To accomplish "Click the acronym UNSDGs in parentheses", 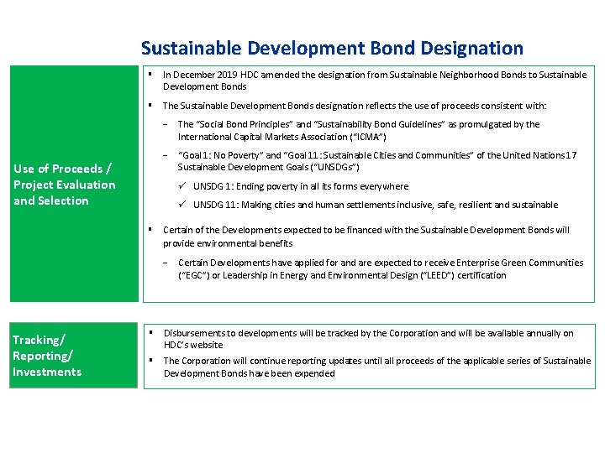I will coord(337,168).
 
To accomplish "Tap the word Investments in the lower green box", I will coord(47,372).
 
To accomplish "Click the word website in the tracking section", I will coord(206,345).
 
